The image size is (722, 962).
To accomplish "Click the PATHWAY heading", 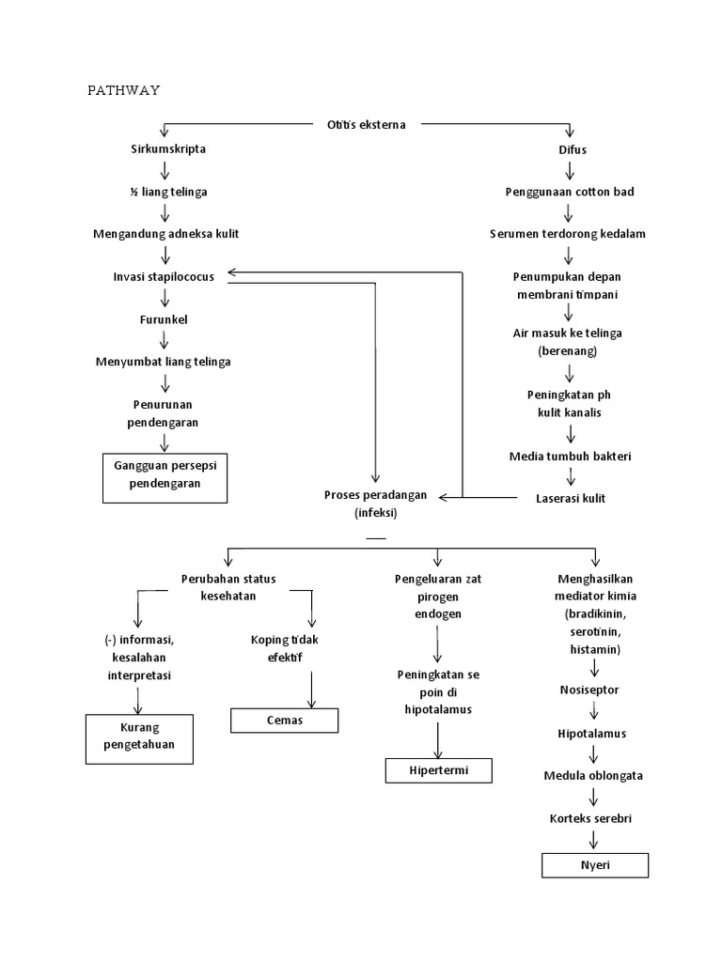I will pos(123,90).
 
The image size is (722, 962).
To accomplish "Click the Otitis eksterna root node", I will pos(367,124).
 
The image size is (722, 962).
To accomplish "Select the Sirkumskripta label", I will pos(169,149).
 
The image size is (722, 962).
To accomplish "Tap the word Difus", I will pos(572,149).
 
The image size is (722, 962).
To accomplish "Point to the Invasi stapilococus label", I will pos(164,276).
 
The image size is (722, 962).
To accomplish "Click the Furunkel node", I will pos(164,319).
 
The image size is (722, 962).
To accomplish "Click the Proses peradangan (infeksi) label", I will pos(375,504).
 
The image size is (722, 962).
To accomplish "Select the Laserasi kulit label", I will pos(571,497).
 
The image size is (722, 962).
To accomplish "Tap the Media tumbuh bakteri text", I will pos(570,456).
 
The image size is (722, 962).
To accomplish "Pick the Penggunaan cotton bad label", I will pos(570,192).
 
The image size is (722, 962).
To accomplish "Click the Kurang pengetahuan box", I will pos(140,738).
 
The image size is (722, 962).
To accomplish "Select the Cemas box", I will pos(285,721).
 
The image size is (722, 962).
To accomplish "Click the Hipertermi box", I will pos(438,770).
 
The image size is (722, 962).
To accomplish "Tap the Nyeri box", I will pos(595,865).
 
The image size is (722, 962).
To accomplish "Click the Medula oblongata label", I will pos(593,776).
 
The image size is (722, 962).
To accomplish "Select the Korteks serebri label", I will pos(591,818).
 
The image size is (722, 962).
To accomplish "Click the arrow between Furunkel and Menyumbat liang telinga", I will pos(165,340).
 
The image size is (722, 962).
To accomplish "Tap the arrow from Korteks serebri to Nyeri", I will pos(594,840).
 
